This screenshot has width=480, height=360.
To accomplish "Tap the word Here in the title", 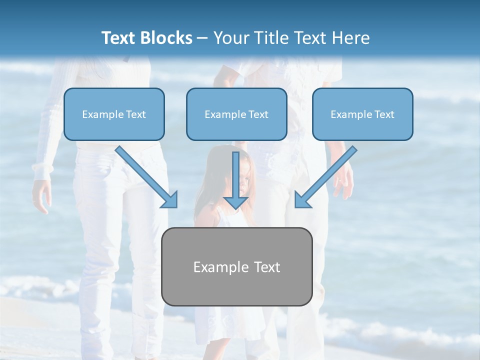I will coord(352,38).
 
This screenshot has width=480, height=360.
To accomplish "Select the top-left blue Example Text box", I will coord(114,114).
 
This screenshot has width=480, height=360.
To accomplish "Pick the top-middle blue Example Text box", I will coord(236,114).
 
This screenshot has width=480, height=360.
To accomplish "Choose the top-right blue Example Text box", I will coord(362,114).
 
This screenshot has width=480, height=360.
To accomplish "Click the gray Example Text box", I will coord(237,266).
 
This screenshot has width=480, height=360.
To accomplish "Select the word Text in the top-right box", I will coord(384,114).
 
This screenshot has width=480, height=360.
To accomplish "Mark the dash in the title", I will coord(202,38).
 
